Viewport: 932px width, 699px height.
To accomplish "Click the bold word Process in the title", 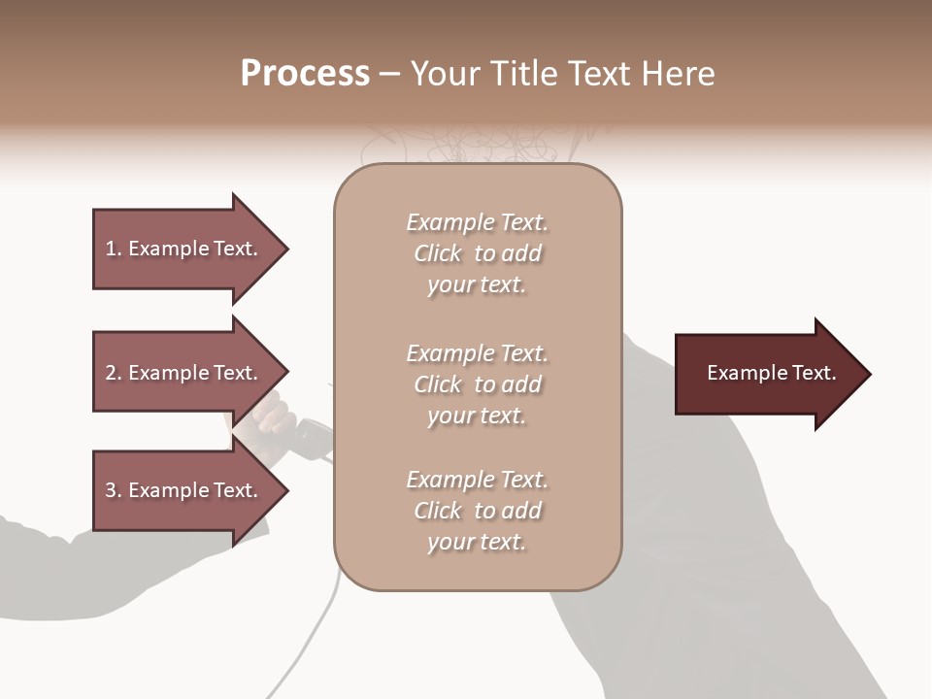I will click(305, 74).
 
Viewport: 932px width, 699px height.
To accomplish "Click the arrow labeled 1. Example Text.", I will click(189, 249).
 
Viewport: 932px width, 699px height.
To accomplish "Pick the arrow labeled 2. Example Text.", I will click(189, 373).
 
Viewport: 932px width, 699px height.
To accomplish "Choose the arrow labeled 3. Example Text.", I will click(189, 490).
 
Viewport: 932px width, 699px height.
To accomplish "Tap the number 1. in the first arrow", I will click(114, 249).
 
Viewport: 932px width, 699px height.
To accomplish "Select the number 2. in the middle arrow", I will click(114, 373).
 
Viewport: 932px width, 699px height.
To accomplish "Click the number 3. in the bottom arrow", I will click(114, 490).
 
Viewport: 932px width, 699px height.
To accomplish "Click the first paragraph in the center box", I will click(478, 253).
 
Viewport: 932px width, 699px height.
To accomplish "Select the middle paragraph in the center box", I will click(478, 384).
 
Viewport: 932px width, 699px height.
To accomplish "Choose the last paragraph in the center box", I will click(478, 511).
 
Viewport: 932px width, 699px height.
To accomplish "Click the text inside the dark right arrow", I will click(772, 374).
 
